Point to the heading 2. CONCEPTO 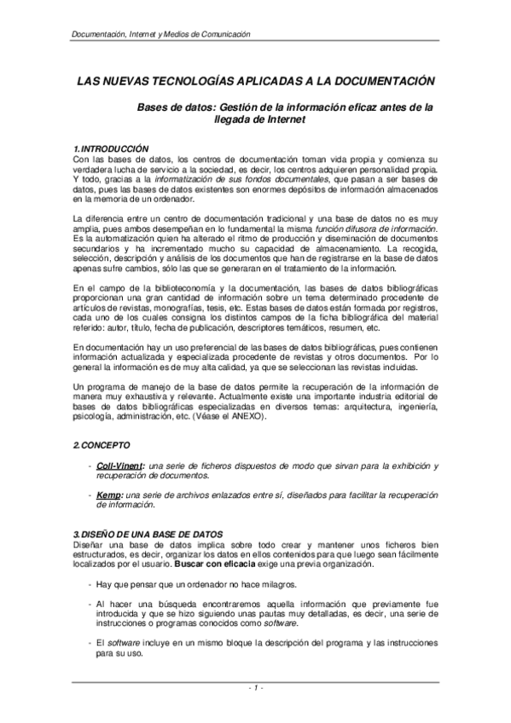coord(102,446)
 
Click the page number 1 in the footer coord(256,687)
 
